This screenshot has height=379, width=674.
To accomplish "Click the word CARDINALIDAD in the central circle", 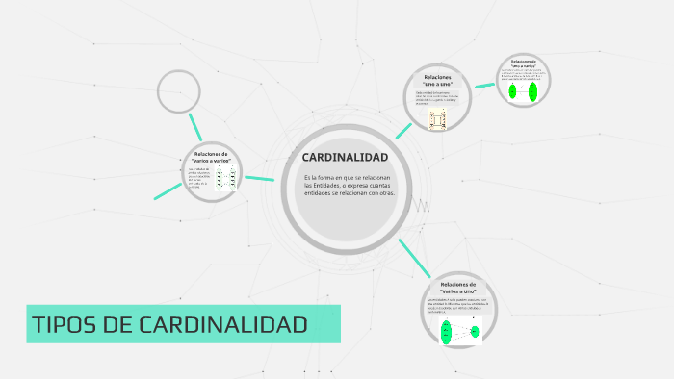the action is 345,157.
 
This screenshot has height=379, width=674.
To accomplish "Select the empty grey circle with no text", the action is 178,91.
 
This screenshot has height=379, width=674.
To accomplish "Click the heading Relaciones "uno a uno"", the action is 437,79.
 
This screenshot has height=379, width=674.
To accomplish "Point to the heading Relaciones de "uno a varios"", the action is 523,63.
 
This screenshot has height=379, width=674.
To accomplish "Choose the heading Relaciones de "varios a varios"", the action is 211,157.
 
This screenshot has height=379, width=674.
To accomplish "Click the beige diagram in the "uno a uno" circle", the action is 438,117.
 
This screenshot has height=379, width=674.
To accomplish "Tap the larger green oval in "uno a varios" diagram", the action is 531,91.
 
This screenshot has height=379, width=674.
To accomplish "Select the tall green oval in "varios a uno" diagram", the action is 447,332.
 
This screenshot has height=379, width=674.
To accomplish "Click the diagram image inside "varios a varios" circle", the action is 226,178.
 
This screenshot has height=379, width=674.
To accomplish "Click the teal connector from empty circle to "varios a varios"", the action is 196,126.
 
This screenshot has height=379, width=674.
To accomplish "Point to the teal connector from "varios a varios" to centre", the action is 260,177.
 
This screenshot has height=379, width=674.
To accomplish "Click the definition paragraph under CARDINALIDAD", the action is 348,186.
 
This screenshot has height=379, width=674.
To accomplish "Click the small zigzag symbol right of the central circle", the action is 421,206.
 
